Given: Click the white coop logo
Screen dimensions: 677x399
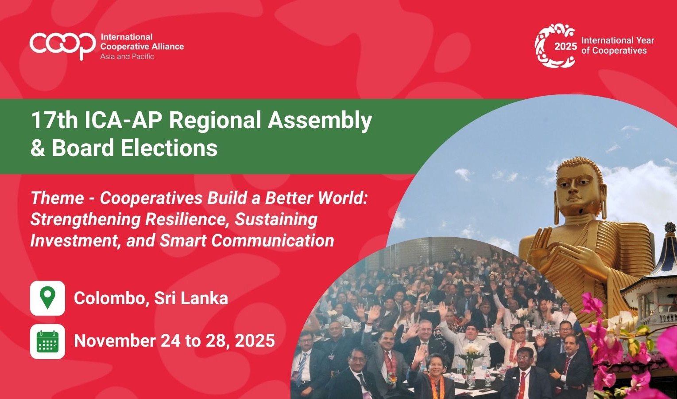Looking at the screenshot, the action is pyautogui.click(x=62, y=45).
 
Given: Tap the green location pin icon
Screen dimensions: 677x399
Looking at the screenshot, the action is pyautogui.click(x=47, y=297).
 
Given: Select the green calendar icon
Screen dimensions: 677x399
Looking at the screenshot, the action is pyautogui.click(x=47, y=341).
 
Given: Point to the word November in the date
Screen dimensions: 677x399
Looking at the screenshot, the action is pyautogui.click(x=115, y=340).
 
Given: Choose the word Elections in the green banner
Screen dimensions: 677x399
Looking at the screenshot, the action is pyautogui.click(x=169, y=148).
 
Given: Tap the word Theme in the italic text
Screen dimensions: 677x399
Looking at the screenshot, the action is pyautogui.click(x=57, y=199).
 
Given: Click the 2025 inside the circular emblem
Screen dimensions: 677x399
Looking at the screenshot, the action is pyautogui.click(x=565, y=46).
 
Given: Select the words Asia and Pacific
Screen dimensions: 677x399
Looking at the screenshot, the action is pyautogui.click(x=127, y=57).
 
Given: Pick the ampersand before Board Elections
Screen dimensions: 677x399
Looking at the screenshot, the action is pyautogui.click(x=38, y=148).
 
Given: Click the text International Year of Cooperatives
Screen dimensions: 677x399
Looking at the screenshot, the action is pyautogui.click(x=618, y=45).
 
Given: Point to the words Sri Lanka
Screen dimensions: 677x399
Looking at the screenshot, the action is pyautogui.click(x=191, y=298).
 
